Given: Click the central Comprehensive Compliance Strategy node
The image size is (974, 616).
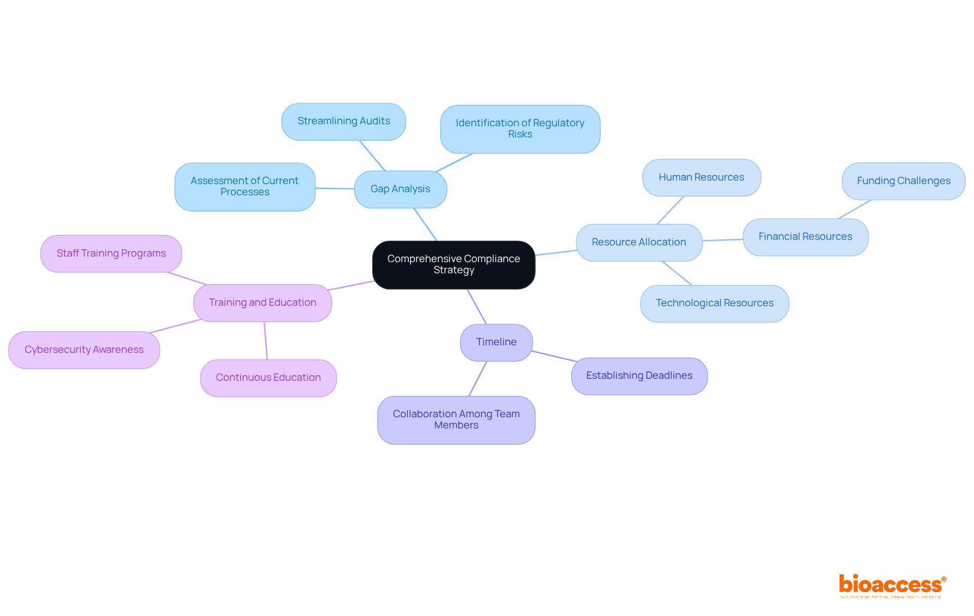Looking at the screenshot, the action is click(454, 265).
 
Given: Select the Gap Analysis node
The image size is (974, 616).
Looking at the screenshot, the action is click(400, 189).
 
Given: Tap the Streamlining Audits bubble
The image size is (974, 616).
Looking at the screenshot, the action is click(343, 122).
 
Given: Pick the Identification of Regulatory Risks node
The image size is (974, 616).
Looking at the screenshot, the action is click(520, 129).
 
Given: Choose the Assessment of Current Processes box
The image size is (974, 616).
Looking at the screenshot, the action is click(245, 187).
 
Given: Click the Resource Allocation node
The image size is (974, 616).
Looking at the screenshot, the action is click(639, 242).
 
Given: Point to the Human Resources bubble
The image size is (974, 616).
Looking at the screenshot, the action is click(701, 177).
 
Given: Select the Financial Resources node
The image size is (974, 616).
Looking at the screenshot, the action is click(805, 237).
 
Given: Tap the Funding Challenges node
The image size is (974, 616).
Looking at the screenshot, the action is click(903, 181).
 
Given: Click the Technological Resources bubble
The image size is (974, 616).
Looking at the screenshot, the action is click(714, 303).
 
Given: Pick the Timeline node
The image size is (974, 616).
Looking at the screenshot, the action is click(496, 342).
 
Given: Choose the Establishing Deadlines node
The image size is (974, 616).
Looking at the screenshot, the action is click(639, 376).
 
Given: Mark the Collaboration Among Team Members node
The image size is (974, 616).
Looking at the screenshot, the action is click(456, 420).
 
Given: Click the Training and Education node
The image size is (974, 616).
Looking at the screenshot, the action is click(262, 303).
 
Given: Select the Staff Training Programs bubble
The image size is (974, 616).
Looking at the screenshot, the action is click(111, 253).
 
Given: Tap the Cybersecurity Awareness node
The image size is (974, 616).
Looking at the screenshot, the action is click(84, 350).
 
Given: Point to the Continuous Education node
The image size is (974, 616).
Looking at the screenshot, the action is click(268, 378).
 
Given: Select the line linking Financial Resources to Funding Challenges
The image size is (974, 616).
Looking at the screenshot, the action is click(855, 209).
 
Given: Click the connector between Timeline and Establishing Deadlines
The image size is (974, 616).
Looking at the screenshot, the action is click(554, 356).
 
